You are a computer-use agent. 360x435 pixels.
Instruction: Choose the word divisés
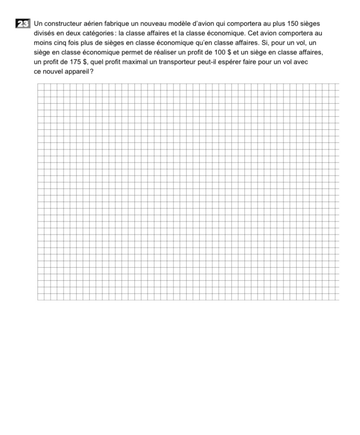[45, 33]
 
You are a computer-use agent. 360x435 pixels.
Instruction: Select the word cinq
[60, 43]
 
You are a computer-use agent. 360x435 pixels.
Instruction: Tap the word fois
[76, 43]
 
